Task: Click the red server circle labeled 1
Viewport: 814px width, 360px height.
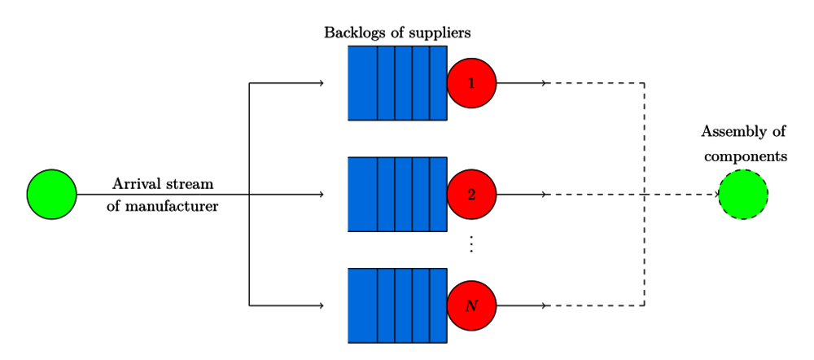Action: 471,83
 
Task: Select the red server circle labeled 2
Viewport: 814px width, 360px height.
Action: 471,195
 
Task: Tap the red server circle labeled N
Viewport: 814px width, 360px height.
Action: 471,306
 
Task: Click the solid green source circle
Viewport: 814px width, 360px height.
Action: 51,195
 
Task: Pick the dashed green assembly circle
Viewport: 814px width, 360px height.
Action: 743,195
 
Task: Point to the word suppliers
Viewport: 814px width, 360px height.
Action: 441,33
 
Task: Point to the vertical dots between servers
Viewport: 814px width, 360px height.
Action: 471,244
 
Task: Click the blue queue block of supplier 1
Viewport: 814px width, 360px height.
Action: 397,83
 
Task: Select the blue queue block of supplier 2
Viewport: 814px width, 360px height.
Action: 397,195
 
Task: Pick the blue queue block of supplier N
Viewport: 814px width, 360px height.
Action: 397,306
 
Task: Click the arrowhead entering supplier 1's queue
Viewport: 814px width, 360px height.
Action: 322,83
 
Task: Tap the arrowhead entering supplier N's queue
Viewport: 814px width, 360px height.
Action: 322,306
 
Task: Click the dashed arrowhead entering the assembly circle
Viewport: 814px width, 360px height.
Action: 717,195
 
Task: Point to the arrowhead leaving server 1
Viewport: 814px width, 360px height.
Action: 544,83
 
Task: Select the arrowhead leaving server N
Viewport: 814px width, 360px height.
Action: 544,306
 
